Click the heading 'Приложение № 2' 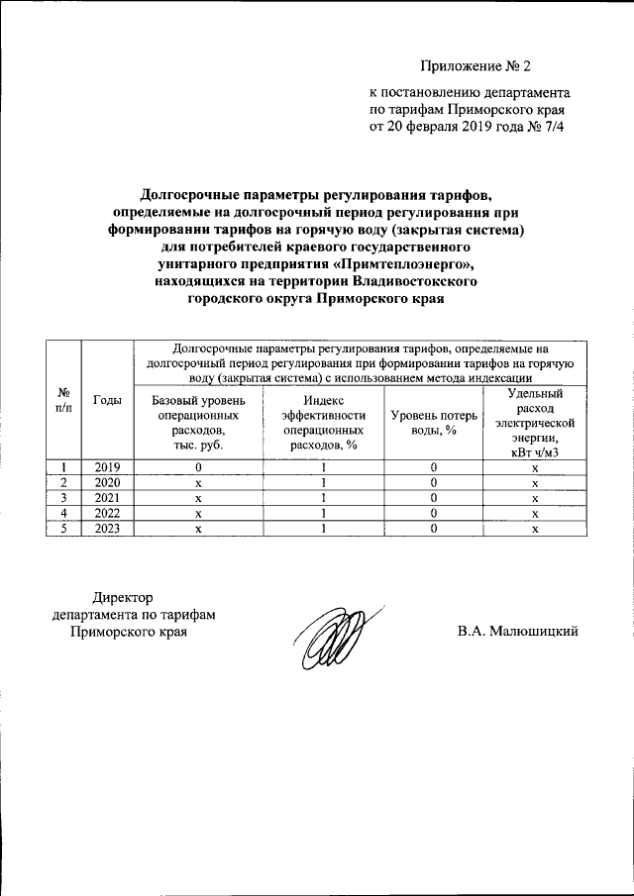pos(475,67)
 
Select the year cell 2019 pos(107,467)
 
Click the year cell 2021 pos(107,498)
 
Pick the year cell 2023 pos(107,529)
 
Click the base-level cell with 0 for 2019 pos(198,467)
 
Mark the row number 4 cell pos(64,514)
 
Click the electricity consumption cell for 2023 pos(535,529)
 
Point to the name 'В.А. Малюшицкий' pos(517,631)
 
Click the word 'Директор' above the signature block pos(124,597)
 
